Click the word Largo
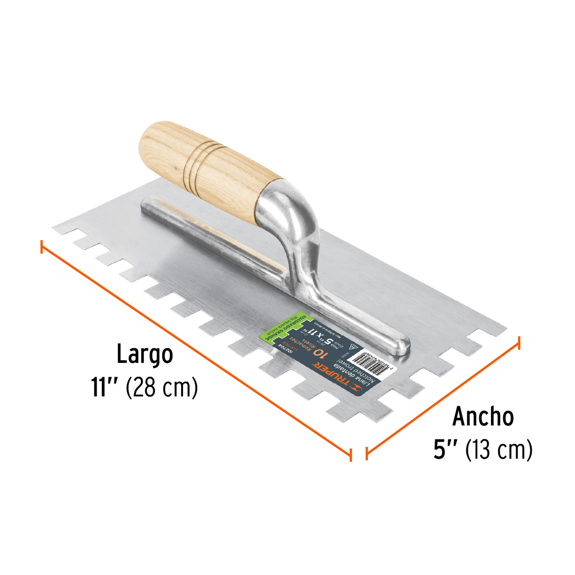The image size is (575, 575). click(144, 354)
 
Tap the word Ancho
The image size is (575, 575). click(483, 417)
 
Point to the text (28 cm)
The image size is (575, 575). click(162, 387)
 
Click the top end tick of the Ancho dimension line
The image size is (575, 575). click(518, 343)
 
